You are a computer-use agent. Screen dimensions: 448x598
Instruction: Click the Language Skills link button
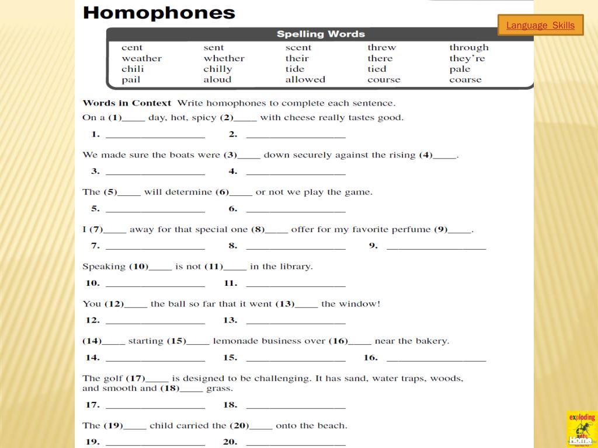tap(540, 26)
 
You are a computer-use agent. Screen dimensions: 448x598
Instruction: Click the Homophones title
tap(159, 13)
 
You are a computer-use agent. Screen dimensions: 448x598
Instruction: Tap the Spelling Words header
tap(321, 34)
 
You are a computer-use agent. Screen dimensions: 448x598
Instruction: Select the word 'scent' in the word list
tap(298, 48)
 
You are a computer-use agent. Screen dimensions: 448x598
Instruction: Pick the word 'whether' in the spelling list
tap(224, 58)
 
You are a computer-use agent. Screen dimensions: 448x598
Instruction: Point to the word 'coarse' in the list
tap(465, 80)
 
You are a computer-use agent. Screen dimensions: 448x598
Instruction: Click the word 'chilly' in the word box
tap(218, 69)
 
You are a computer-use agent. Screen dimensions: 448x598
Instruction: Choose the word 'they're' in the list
tap(467, 58)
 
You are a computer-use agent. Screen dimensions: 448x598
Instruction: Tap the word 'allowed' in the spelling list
tap(305, 80)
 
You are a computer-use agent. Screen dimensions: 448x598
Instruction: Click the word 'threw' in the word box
tap(381, 48)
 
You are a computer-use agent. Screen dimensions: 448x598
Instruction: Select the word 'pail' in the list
tap(131, 80)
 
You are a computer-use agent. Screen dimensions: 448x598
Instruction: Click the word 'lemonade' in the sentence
tap(235, 341)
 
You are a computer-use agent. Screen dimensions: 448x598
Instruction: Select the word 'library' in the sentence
tap(295, 267)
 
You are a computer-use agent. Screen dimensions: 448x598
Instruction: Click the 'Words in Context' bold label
tap(127, 103)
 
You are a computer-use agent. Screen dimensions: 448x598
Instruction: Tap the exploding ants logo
tap(582, 428)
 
